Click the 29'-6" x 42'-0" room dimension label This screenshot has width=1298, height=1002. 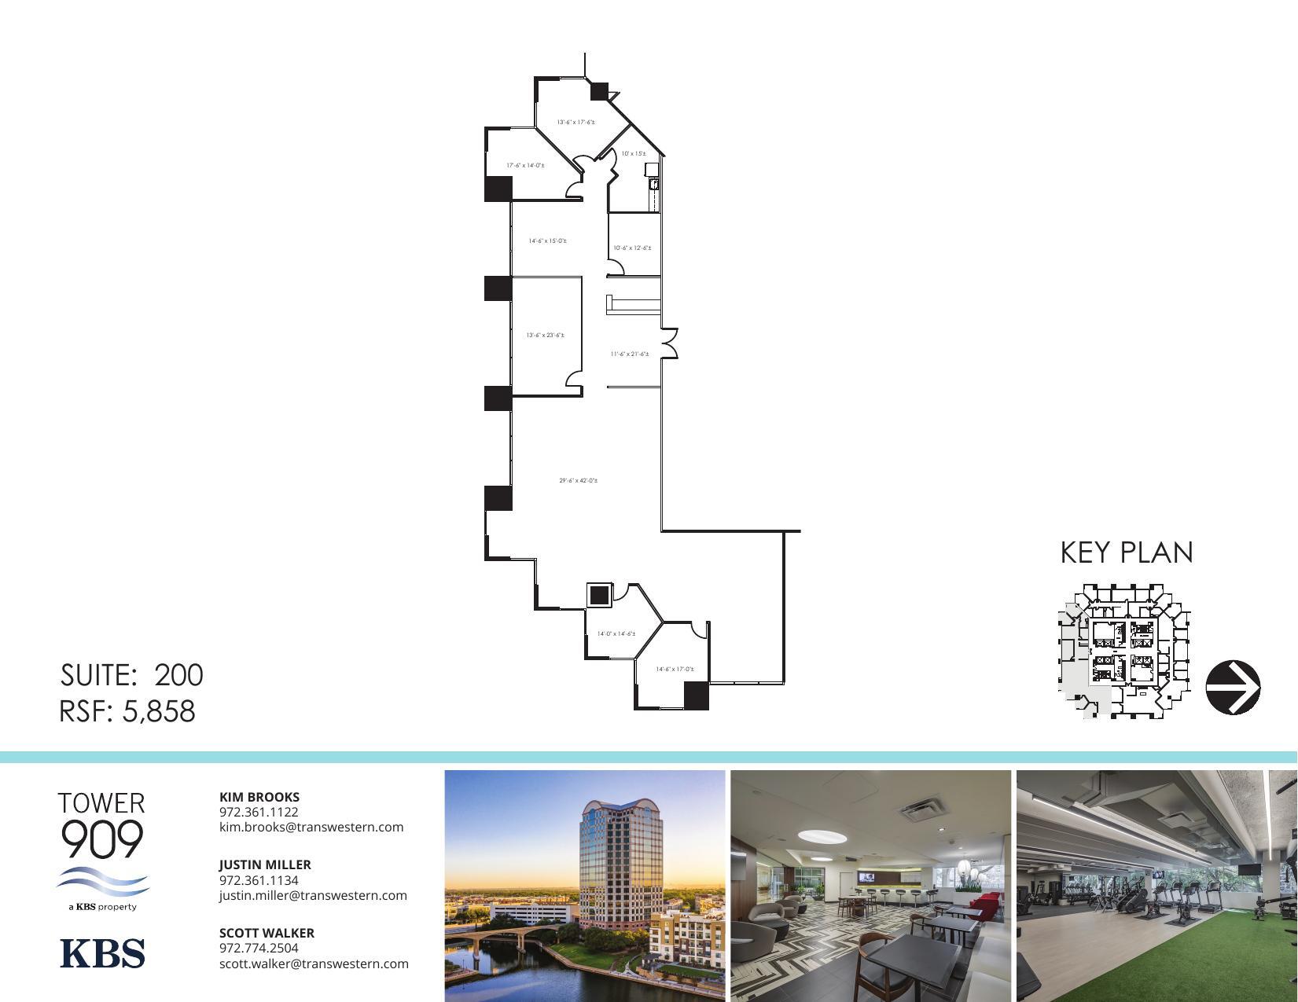(578, 480)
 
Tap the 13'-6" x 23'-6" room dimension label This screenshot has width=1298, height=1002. (545, 336)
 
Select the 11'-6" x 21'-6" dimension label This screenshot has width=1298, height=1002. (630, 354)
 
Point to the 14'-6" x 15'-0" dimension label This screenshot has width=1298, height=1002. (547, 241)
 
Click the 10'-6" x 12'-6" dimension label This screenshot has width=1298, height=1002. (632, 248)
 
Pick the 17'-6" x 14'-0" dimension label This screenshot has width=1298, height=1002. (525, 166)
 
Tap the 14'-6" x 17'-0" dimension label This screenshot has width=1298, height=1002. (675, 670)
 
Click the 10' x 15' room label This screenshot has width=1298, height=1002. (633, 154)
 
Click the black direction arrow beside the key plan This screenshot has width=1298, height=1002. (1233, 688)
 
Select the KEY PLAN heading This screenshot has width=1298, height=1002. (1126, 552)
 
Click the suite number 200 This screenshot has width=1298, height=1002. (178, 675)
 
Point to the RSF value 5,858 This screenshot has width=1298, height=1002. (158, 711)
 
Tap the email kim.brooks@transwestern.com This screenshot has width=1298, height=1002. (311, 827)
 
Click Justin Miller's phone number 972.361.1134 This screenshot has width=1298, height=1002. (259, 880)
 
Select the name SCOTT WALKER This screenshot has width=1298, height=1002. (267, 933)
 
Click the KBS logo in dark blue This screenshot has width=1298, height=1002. (102, 952)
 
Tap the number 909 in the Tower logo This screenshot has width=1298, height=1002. (101, 839)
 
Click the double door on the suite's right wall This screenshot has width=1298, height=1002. (669, 343)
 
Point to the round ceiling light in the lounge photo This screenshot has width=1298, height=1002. (822, 835)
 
